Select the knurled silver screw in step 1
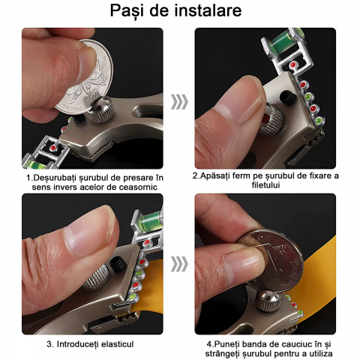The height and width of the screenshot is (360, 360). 101,109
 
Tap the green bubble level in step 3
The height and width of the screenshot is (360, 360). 150,220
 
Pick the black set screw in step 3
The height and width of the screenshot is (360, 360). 118,265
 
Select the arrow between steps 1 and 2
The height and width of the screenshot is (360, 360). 179,102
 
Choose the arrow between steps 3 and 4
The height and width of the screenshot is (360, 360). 179,264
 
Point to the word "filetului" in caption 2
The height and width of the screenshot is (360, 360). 265,185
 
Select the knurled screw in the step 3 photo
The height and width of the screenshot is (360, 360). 96,277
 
